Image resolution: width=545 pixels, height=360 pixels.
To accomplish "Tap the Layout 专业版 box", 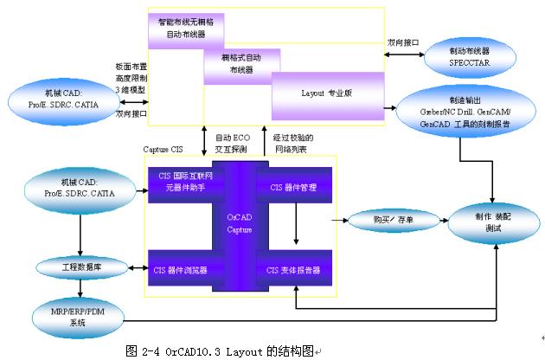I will (324, 91).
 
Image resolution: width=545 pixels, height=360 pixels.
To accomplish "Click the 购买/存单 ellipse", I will (393, 221).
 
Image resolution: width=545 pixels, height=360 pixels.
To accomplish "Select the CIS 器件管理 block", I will (294, 186).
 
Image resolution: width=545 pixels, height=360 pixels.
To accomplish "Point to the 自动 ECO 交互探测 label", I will (231, 143).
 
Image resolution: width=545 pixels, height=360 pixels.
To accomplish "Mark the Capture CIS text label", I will (163, 149).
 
